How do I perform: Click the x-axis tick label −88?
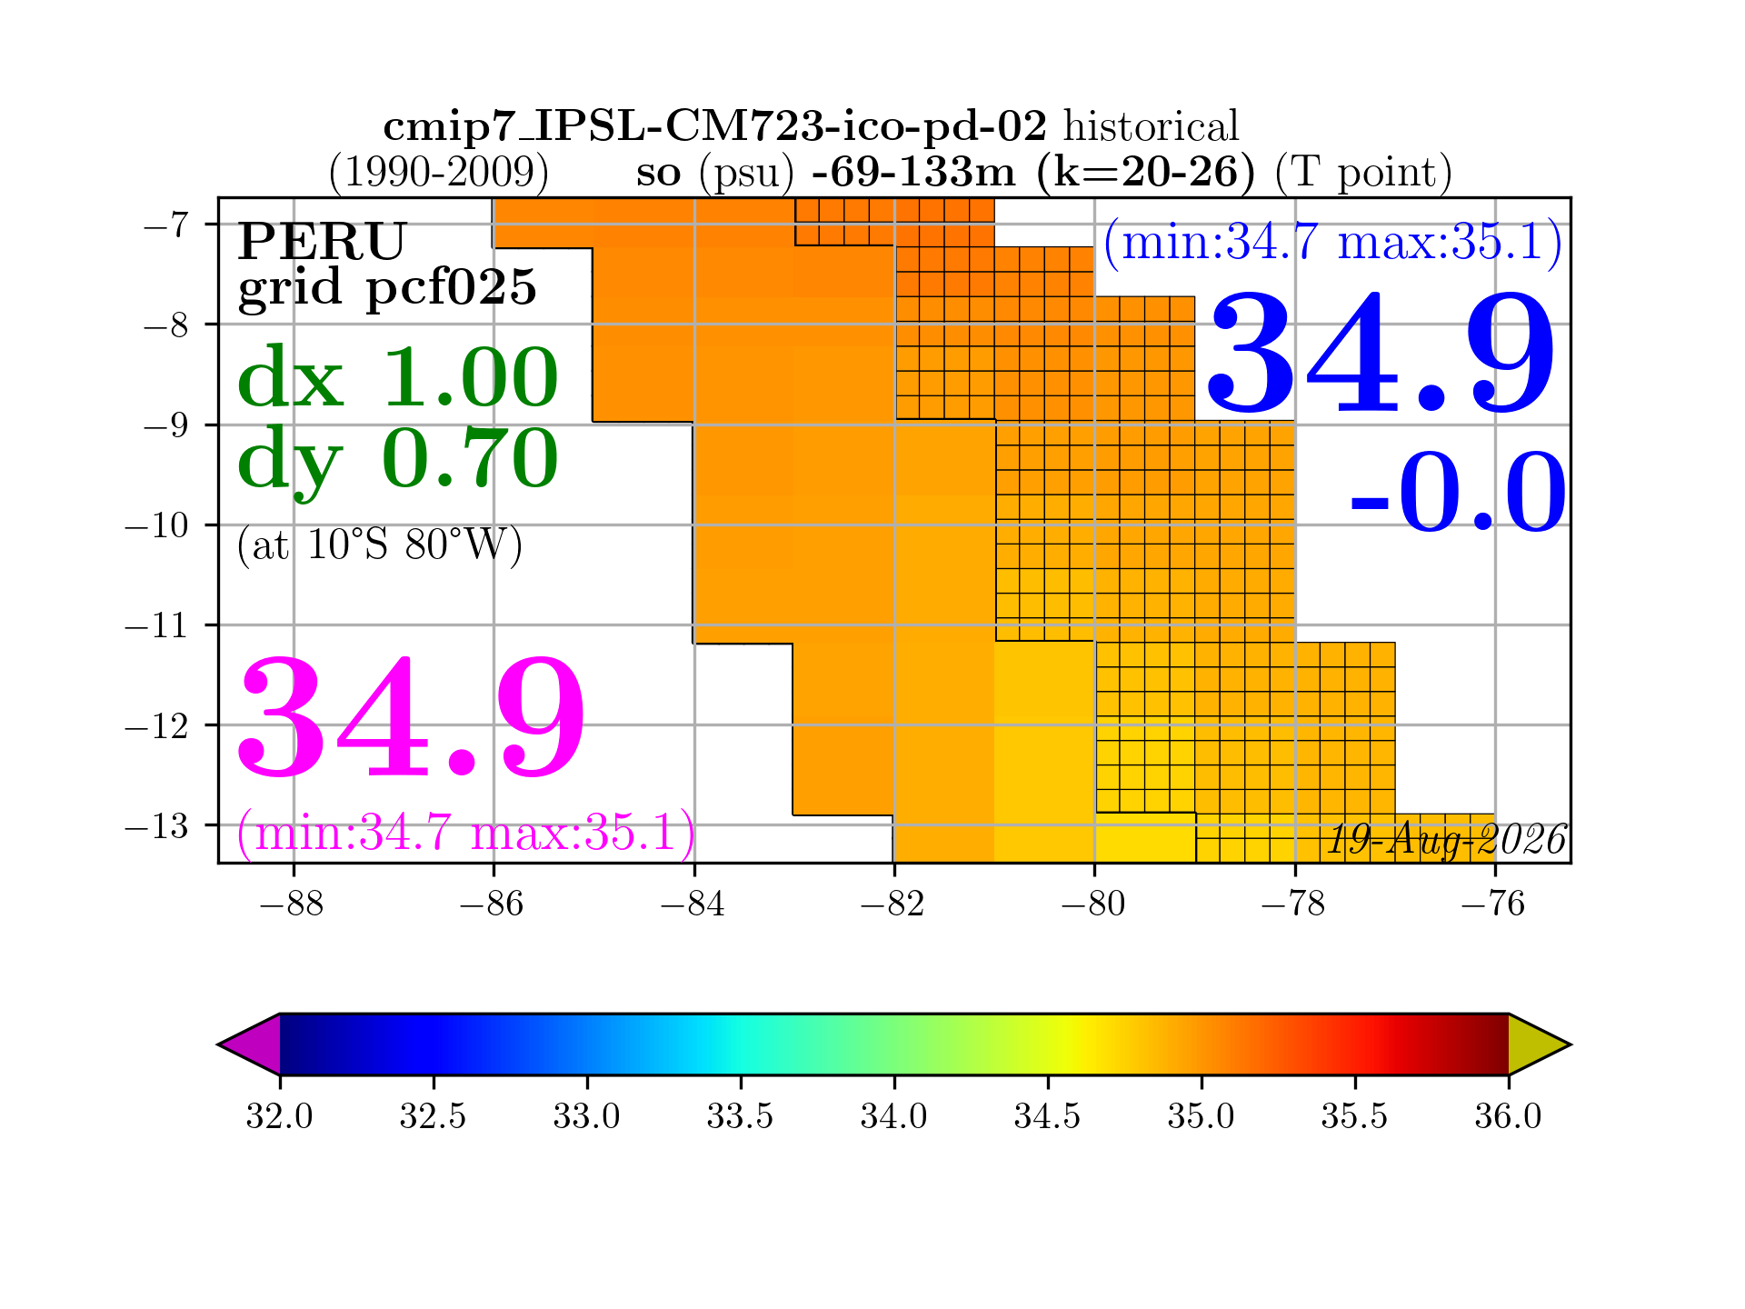[292, 904]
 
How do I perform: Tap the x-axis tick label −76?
[1493, 904]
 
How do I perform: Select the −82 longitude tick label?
[892, 904]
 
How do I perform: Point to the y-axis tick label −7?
[166, 225]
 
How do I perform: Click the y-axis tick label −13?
[156, 825]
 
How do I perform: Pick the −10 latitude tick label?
[156, 525]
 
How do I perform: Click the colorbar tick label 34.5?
[1047, 1115]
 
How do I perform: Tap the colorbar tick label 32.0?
[279, 1115]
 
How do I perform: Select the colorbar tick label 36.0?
[1508, 1115]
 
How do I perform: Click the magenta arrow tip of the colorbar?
[218, 1044]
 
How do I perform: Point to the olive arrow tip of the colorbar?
[1570, 1044]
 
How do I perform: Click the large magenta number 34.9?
[411, 717]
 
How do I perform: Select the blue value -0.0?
[1459, 492]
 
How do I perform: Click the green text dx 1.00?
[397, 377]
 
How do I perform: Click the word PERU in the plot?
[322, 242]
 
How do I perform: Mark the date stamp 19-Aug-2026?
[1447, 840]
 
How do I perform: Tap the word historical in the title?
[1152, 126]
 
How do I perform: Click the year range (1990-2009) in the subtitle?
[438, 173]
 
